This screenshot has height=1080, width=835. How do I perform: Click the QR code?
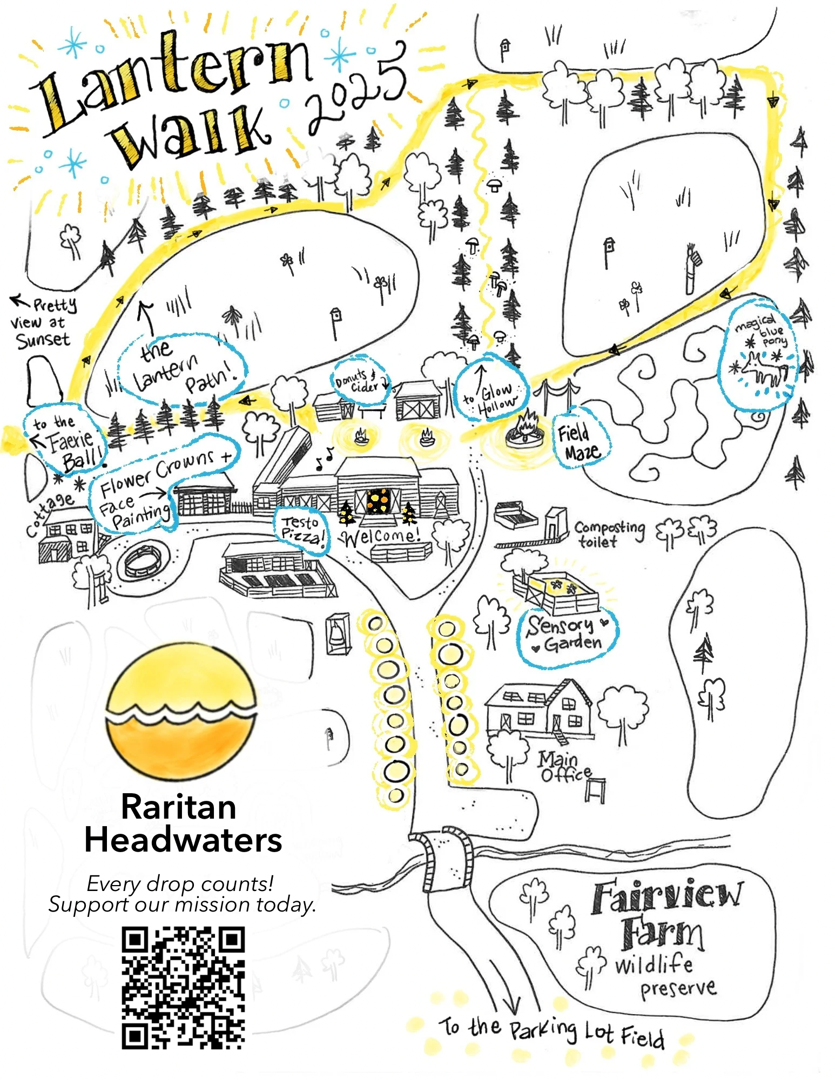click(183, 988)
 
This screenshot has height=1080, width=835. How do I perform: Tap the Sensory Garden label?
click(566, 634)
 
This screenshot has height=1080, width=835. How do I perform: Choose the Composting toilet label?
click(609, 534)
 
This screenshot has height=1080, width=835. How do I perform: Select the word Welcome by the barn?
click(381, 536)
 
